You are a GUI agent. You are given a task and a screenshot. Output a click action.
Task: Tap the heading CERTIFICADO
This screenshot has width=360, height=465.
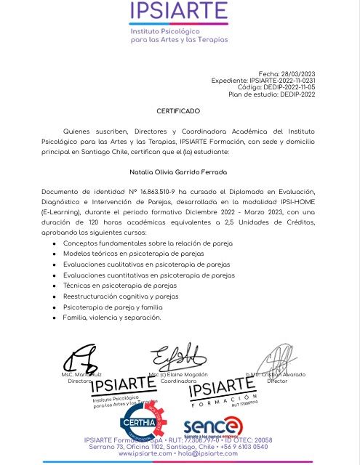[178, 111]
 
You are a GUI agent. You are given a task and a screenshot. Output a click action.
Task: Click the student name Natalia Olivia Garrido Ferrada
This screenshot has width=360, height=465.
[178, 173]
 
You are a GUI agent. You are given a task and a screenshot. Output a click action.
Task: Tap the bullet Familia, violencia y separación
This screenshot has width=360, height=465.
[112, 318]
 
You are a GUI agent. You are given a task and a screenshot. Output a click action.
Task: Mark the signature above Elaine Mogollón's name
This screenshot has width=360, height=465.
[177, 358]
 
